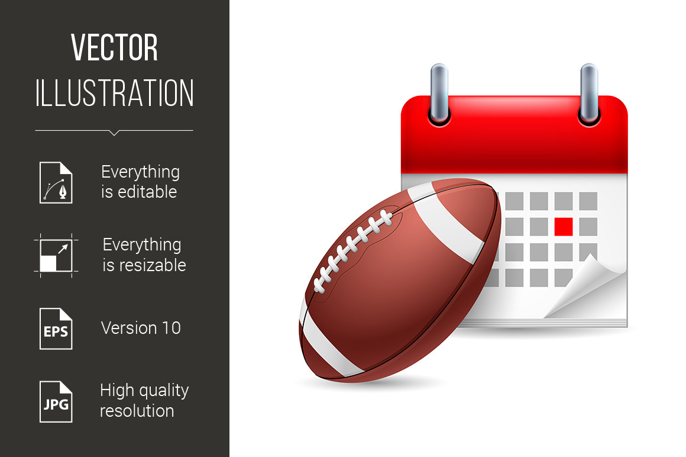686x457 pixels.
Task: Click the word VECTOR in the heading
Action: pos(114,48)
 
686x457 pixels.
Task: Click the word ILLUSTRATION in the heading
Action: pos(114,94)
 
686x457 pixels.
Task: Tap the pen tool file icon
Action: pos(56,182)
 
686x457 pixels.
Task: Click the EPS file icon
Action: pos(56,328)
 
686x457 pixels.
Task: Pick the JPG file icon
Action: pos(56,401)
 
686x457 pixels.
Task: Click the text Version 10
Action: pos(141,328)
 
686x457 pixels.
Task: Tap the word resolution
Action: pos(137,411)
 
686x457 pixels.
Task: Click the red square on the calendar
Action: pos(564,226)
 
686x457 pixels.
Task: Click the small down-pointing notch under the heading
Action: pos(114,133)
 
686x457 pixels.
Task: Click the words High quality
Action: pos(144,391)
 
